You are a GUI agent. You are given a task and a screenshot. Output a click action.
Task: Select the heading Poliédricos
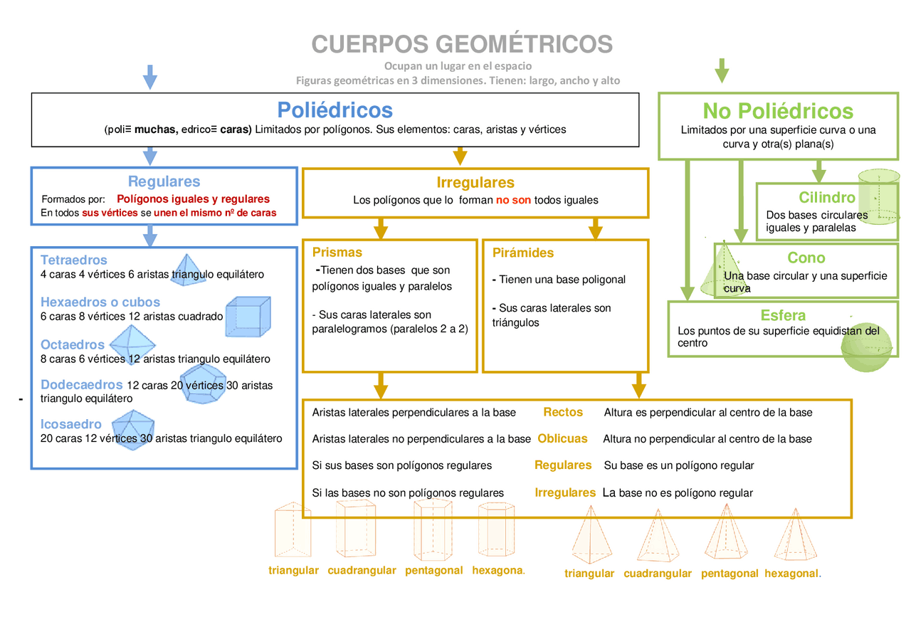click(335, 110)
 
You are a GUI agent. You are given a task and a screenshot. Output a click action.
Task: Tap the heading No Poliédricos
click(778, 111)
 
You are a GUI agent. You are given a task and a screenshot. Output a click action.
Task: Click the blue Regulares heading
click(164, 181)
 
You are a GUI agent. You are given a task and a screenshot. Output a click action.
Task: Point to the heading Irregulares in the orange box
click(475, 183)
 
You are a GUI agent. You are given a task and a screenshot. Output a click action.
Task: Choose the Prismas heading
click(337, 252)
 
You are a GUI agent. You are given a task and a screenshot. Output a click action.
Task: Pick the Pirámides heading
click(523, 253)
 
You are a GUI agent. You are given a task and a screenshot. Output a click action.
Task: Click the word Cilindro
click(827, 198)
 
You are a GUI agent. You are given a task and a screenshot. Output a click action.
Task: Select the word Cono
click(806, 258)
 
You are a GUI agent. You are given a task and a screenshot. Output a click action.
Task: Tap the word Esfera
click(783, 315)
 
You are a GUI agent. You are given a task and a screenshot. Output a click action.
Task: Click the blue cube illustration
click(248, 316)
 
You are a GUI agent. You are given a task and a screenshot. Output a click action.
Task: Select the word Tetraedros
click(74, 260)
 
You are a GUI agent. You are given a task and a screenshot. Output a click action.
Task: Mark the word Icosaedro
click(71, 424)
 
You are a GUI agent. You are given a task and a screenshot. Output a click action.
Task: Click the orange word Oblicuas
click(562, 438)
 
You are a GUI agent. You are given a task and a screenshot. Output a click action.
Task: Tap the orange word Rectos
click(563, 412)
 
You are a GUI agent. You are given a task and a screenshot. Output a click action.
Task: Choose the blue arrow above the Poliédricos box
click(149, 76)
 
